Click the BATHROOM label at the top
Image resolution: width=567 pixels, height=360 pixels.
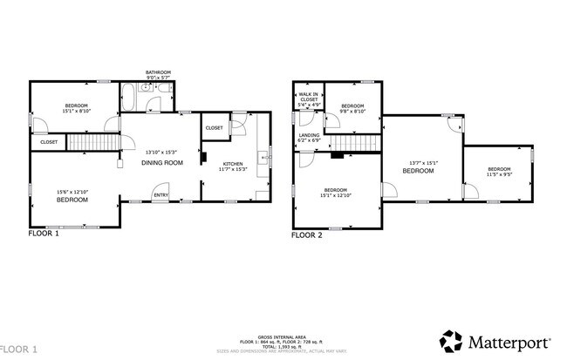[x=158, y=72]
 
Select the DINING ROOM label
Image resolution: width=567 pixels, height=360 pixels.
[x=162, y=162]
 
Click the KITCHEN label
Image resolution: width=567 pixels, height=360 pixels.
[x=233, y=164]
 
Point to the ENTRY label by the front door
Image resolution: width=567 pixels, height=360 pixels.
[x=161, y=195]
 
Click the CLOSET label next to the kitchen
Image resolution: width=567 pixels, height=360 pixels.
[x=214, y=128]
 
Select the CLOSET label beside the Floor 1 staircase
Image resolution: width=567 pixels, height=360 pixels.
[x=49, y=141]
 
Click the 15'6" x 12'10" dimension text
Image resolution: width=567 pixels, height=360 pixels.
[x=72, y=193]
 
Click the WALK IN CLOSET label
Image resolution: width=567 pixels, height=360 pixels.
[x=309, y=99]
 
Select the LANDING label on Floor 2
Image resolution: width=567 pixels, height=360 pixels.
[x=309, y=135]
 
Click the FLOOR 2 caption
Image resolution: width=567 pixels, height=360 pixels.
[x=307, y=234]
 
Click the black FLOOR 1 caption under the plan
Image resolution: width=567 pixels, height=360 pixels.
[x=44, y=234]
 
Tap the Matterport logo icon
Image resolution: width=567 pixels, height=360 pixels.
[x=450, y=340]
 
